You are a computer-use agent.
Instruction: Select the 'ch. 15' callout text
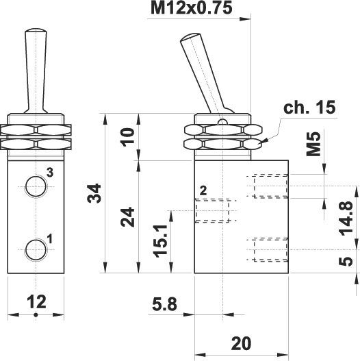[x=309, y=107]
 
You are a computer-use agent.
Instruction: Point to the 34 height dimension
[x=95, y=193]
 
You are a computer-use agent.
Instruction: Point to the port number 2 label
[x=203, y=190]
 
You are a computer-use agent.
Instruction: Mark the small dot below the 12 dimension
[x=35, y=315]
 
